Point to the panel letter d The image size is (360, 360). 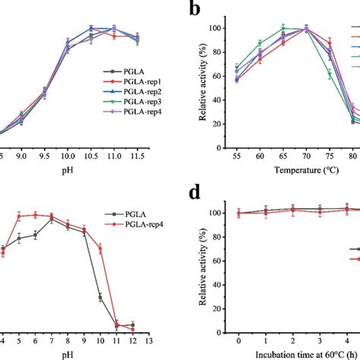pyautogui.click(x=195, y=194)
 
